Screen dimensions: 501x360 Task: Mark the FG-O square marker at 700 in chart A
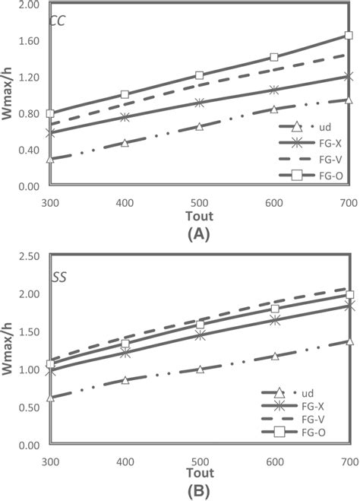coord(349,35)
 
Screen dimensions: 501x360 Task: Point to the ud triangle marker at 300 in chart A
coord(50,159)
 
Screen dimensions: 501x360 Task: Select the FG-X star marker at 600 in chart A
coord(274,90)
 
